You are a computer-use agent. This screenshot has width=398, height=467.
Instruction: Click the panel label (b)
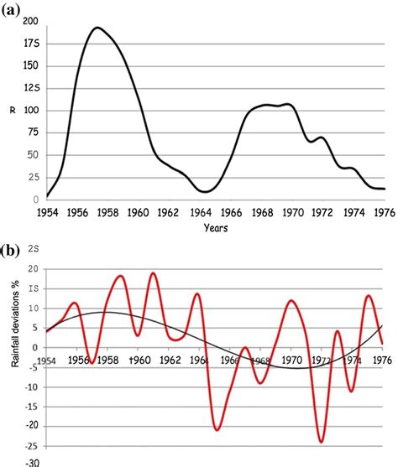coord(14,249)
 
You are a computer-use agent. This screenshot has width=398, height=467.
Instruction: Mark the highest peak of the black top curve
coord(97,28)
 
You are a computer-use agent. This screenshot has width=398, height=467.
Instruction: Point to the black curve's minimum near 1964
coord(206,192)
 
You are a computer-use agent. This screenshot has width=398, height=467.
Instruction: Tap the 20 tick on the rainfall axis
coord(32,268)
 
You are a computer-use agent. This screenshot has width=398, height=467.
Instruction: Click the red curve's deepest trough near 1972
coord(322,442)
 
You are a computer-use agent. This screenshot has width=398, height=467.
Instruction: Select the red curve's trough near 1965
coord(217,430)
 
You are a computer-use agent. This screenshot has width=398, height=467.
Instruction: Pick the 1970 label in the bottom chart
coord(291,361)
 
